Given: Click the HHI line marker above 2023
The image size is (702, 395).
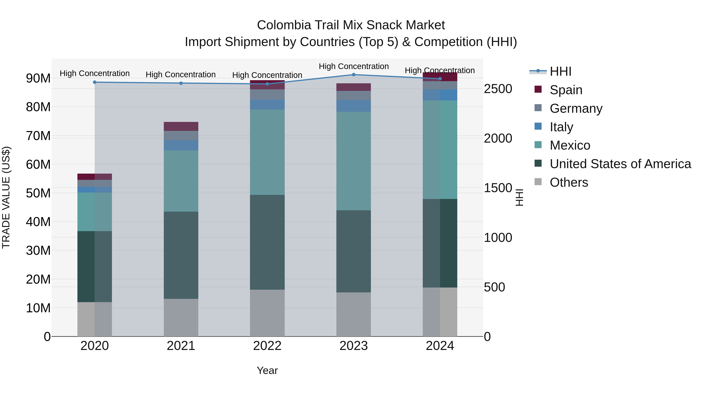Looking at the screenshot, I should pos(354,75).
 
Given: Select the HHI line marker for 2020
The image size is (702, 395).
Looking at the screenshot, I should pos(95,82).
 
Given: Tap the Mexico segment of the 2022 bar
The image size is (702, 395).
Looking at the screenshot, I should pos(267,152).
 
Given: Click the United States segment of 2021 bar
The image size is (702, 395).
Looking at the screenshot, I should pos(181,255).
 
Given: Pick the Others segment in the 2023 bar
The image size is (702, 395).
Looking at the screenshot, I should pos(354,314).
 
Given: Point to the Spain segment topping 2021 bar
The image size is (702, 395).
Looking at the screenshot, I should pos(181,126).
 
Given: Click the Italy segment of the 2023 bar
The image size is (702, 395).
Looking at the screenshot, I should pos(354,106).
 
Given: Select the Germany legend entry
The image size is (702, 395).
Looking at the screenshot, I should pos(576,108).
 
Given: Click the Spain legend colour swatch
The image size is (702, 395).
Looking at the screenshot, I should pos(538,89).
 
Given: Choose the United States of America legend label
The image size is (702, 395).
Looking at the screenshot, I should pos(620,164).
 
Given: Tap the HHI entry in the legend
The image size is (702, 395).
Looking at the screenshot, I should pos(560,71).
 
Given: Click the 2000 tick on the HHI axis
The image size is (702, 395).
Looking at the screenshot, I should pos(498,138).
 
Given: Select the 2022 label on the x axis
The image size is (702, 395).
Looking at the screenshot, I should pos(267,346).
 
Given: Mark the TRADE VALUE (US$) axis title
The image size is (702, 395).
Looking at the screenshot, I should pos(6,197).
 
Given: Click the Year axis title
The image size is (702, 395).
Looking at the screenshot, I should pos(267,370).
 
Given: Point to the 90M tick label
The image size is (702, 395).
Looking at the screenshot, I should pos(38,78).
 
